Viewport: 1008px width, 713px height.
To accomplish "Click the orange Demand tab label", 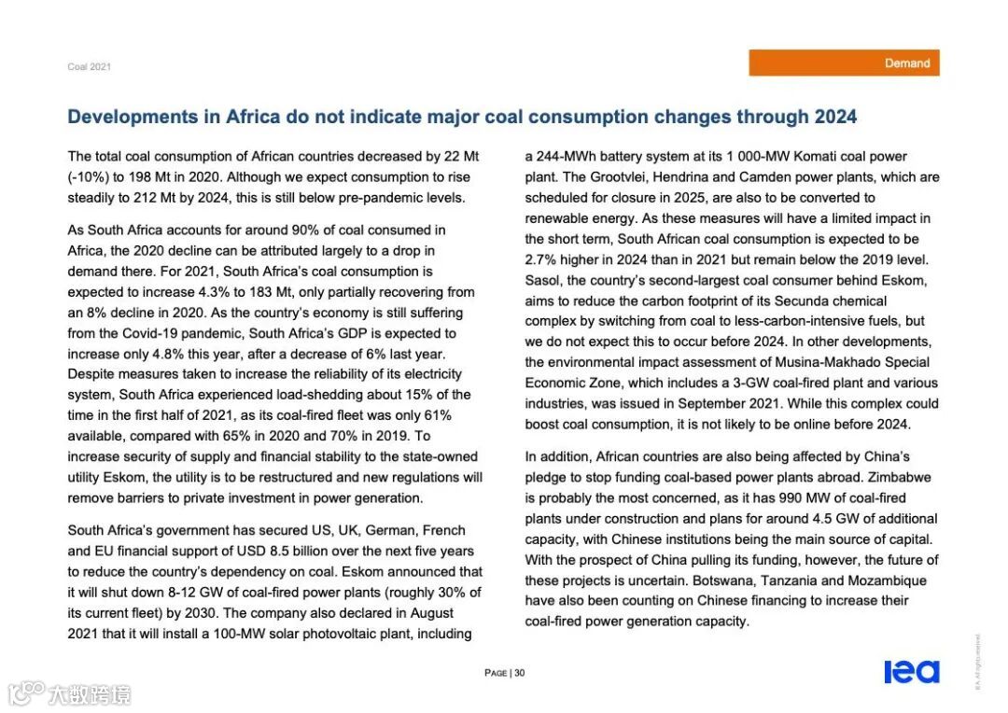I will tap(906, 63).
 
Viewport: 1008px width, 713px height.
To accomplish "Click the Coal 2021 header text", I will tap(89, 67).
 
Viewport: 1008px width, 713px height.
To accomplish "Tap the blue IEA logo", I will tap(911, 672).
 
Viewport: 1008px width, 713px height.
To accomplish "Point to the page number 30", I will tap(520, 673).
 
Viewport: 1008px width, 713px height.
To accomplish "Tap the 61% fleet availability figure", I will tap(438, 415).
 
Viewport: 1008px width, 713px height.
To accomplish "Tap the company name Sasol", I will tap(542, 281).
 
